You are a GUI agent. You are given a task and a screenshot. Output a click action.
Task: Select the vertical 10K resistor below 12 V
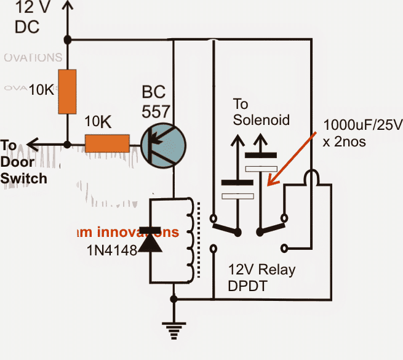click(x=66, y=92)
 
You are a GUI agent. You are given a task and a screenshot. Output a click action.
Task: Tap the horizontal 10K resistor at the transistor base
click(x=107, y=144)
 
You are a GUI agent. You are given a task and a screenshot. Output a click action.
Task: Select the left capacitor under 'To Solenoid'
click(x=237, y=189)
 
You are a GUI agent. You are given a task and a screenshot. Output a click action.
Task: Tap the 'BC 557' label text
click(x=156, y=103)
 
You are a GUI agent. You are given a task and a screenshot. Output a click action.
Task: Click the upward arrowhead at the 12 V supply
click(x=66, y=7)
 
